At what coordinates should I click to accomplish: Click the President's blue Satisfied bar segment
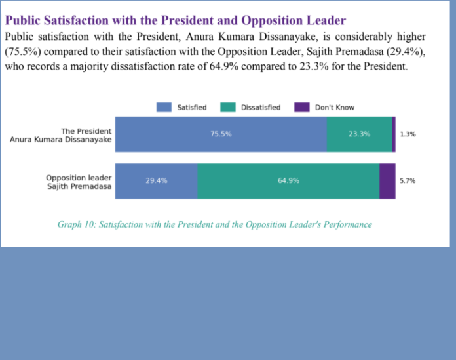pos(221,134)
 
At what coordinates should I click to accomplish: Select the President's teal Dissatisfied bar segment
pos(360,134)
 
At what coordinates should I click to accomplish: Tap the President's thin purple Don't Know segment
pos(394,134)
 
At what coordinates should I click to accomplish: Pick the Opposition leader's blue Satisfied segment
pos(157,181)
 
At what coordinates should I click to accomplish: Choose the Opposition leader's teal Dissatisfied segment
pos(288,181)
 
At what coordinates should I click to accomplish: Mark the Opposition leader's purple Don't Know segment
pos(387,181)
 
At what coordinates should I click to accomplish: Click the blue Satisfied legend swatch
pos(164,107)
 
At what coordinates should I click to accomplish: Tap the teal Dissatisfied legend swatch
pos(228,107)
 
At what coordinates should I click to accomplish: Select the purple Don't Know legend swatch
pos(302,107)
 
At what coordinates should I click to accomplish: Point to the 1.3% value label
pos(408,134)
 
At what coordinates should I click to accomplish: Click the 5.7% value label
pos(408,181)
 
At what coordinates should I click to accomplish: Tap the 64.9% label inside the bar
pos(288,180)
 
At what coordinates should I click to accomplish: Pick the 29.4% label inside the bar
pos(157,180)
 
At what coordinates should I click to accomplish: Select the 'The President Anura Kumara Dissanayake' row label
pos(61,135)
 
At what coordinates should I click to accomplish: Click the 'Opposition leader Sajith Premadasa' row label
pos(79,182)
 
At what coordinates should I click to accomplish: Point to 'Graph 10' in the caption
pos(77,224)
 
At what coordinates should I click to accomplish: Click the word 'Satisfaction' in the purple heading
pos(76,20)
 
